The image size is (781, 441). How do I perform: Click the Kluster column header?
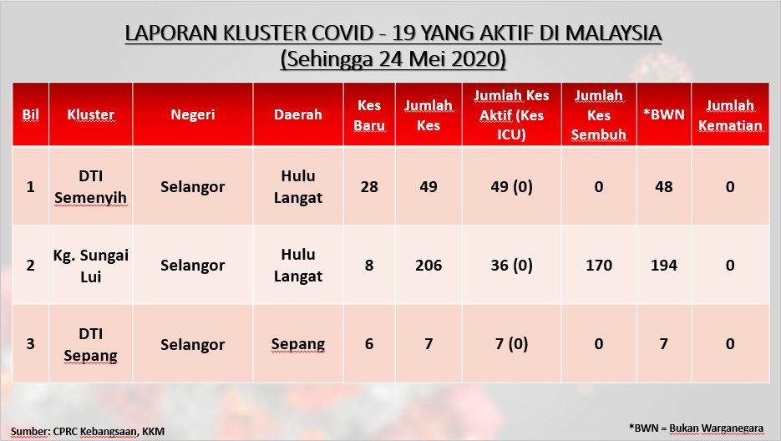(x=91, y=114)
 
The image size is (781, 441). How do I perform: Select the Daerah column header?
(x=298, y=114)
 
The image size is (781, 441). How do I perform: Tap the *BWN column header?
(x=663, y=114)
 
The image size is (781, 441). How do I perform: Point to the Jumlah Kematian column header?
(x=730, y=115)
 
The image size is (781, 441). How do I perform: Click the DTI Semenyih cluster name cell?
(x=91, y=187)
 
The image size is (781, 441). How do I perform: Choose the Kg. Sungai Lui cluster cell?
(x=91, y=266)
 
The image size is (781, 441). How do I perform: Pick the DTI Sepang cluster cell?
(x=91, y=344)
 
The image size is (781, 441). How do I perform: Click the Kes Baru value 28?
(x=369, y=187)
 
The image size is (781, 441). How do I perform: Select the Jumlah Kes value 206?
(x=429, y=265)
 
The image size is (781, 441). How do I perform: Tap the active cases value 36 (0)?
(x=511, y=265)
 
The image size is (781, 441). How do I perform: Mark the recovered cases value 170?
(x=599, y=265)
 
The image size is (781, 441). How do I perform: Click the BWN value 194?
(x=663, y=265)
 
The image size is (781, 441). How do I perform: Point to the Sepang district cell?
(x=298, y=344)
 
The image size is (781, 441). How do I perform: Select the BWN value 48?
(x=663, y=187)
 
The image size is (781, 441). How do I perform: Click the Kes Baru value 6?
(x=369, y=344)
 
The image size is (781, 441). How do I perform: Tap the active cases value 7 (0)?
(x=511, y=344)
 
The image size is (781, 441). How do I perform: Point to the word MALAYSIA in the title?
(x=614, y=33)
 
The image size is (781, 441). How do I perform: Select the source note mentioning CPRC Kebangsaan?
(x=88, y=431)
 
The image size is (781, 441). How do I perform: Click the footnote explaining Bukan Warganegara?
(x=696, y=428)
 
